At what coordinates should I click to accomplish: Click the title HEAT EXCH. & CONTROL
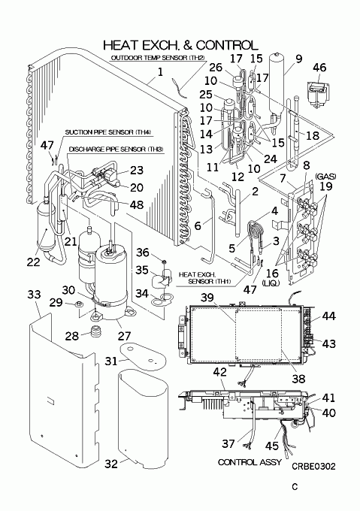pos(180,45)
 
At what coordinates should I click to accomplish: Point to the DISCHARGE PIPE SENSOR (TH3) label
pos(116,150)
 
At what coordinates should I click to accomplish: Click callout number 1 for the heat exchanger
pos(160,71)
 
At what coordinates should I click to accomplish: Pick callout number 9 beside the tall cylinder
pos(299,59)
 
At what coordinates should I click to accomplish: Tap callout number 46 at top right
pos(319,68)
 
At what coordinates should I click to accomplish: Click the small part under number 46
pos(318,93)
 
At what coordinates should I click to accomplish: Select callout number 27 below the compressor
pos(124,336)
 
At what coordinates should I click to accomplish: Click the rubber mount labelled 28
pos(96,331)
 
